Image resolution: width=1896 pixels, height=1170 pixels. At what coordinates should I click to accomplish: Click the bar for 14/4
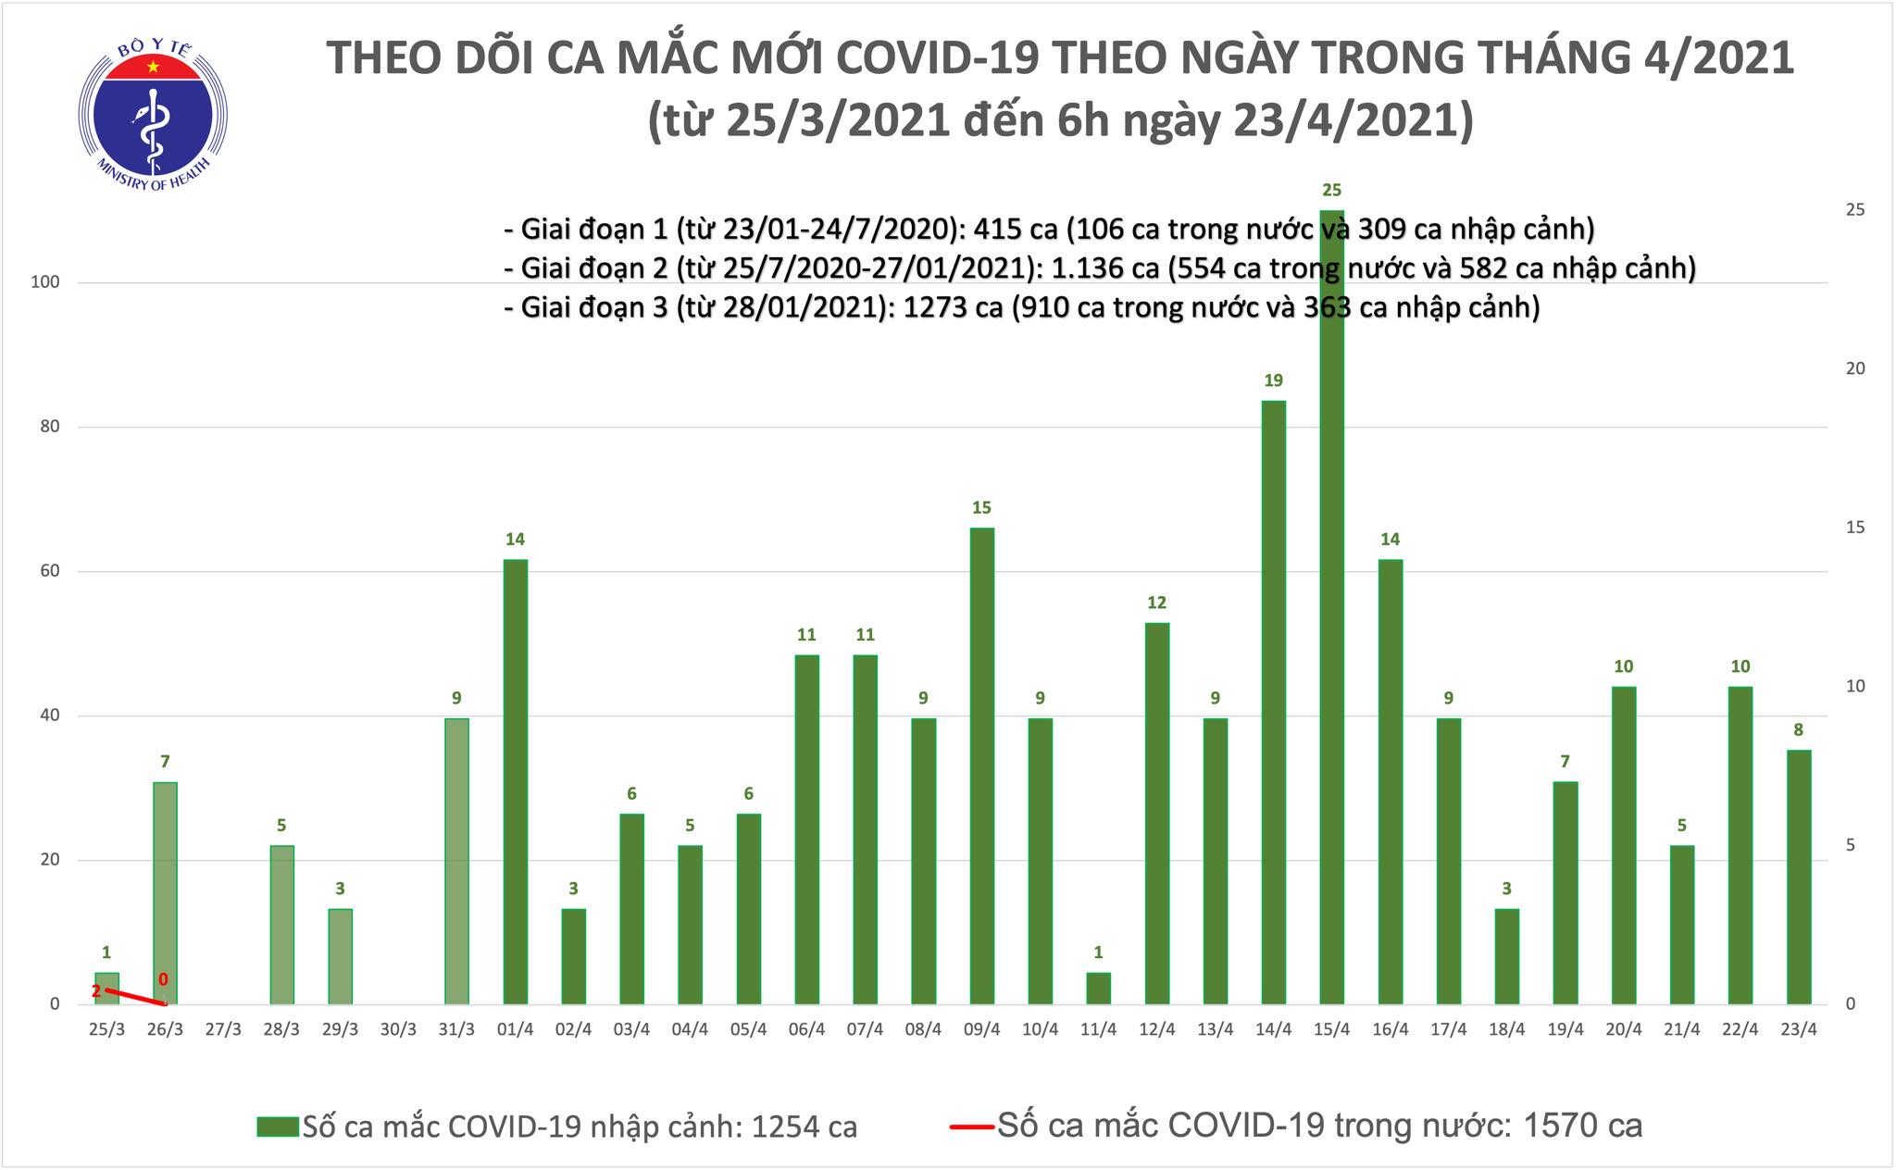pyautogui.click(x=1273, y=703)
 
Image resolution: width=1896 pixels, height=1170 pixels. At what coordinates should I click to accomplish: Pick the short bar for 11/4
pyautogui.click(x=1098, y=989)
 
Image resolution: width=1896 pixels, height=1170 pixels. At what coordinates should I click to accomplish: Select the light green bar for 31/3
pyautogui.click(x=456, y=861)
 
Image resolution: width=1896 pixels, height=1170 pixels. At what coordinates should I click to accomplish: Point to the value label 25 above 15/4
pyautogui.click(x=1331, y=191)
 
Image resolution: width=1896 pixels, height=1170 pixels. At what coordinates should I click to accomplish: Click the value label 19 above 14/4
pyautogui.click(x=1273, y=380)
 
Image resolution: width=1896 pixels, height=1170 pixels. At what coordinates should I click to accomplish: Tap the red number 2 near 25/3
pyautogui.click(x=96, y=991)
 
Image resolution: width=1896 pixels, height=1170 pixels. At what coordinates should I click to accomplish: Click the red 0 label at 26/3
pyautogui.click(x=164, y=979)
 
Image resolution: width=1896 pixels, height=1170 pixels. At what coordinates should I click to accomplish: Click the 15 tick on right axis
pyautogui.click(x=1854, y=528)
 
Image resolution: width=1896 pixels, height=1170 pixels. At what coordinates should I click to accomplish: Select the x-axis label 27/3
pyautogui.click(x=223, y=1029)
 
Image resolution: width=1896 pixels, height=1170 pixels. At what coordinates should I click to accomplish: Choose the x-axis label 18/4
pyautogui.click(x=1506, y=1029)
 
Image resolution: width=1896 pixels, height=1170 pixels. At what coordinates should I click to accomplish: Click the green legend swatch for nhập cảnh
pyautogui.click(x=279, y=1126)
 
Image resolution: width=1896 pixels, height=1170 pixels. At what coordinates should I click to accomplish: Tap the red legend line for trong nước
pyautogui.click(x=972, y=1126)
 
